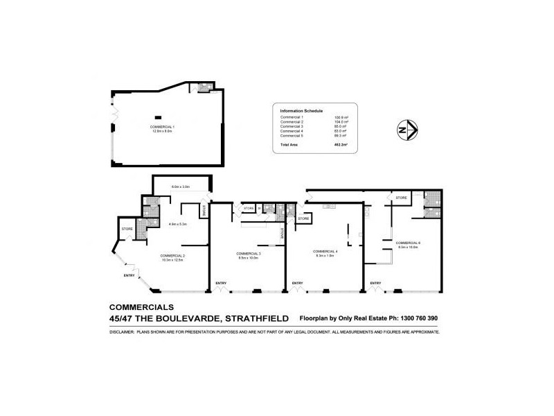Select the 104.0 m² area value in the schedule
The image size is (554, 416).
point(341,122)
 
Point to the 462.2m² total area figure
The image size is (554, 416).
point(341,146)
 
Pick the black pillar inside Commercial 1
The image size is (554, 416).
point(159,116)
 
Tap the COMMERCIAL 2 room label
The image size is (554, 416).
point(172,256)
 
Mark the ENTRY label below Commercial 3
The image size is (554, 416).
point(221,283)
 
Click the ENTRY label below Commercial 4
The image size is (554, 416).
point(297,283)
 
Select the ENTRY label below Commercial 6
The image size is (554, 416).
point(375,283)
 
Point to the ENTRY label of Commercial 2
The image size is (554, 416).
point(129,276)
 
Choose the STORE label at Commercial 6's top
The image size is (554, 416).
point(402,198)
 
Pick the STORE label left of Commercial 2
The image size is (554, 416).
point(127,228)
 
